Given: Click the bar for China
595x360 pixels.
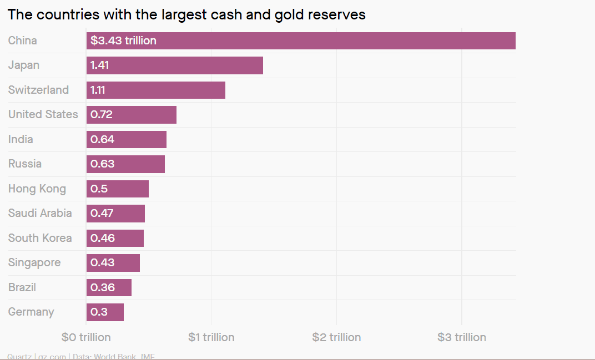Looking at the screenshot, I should click(x=301, y=41).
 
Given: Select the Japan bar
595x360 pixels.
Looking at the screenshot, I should click(x=174, y=65).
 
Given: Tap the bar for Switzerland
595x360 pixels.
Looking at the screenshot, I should click(x=156, y=90).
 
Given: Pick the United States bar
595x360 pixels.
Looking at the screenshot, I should click(x=132, y=115).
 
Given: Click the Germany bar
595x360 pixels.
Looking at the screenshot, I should click(x=105, y=312).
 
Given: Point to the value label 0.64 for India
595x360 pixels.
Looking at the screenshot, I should click(x=102, y=139).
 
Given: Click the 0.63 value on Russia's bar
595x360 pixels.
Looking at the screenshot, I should click(x=102, y=164).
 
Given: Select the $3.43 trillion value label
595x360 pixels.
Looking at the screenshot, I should click(x=123, y=40).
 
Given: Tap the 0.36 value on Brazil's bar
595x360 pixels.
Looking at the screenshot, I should click(x=102, y=287).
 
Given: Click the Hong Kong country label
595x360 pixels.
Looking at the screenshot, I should click(x=37, y=189).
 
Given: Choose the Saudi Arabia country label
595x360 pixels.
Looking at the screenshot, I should click(x=40, y=213).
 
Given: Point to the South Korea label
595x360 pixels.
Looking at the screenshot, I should click(x=40, y=238).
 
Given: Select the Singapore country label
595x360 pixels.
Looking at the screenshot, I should click(x=34, y=262).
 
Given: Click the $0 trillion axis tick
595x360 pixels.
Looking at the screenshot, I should click(x=86, y=337).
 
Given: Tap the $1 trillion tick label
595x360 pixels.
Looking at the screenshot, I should click(x=211, y=337).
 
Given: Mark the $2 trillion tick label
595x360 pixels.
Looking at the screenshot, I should click(x=336, y=337).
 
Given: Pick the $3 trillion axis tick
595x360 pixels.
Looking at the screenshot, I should click(x=462, y=337).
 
